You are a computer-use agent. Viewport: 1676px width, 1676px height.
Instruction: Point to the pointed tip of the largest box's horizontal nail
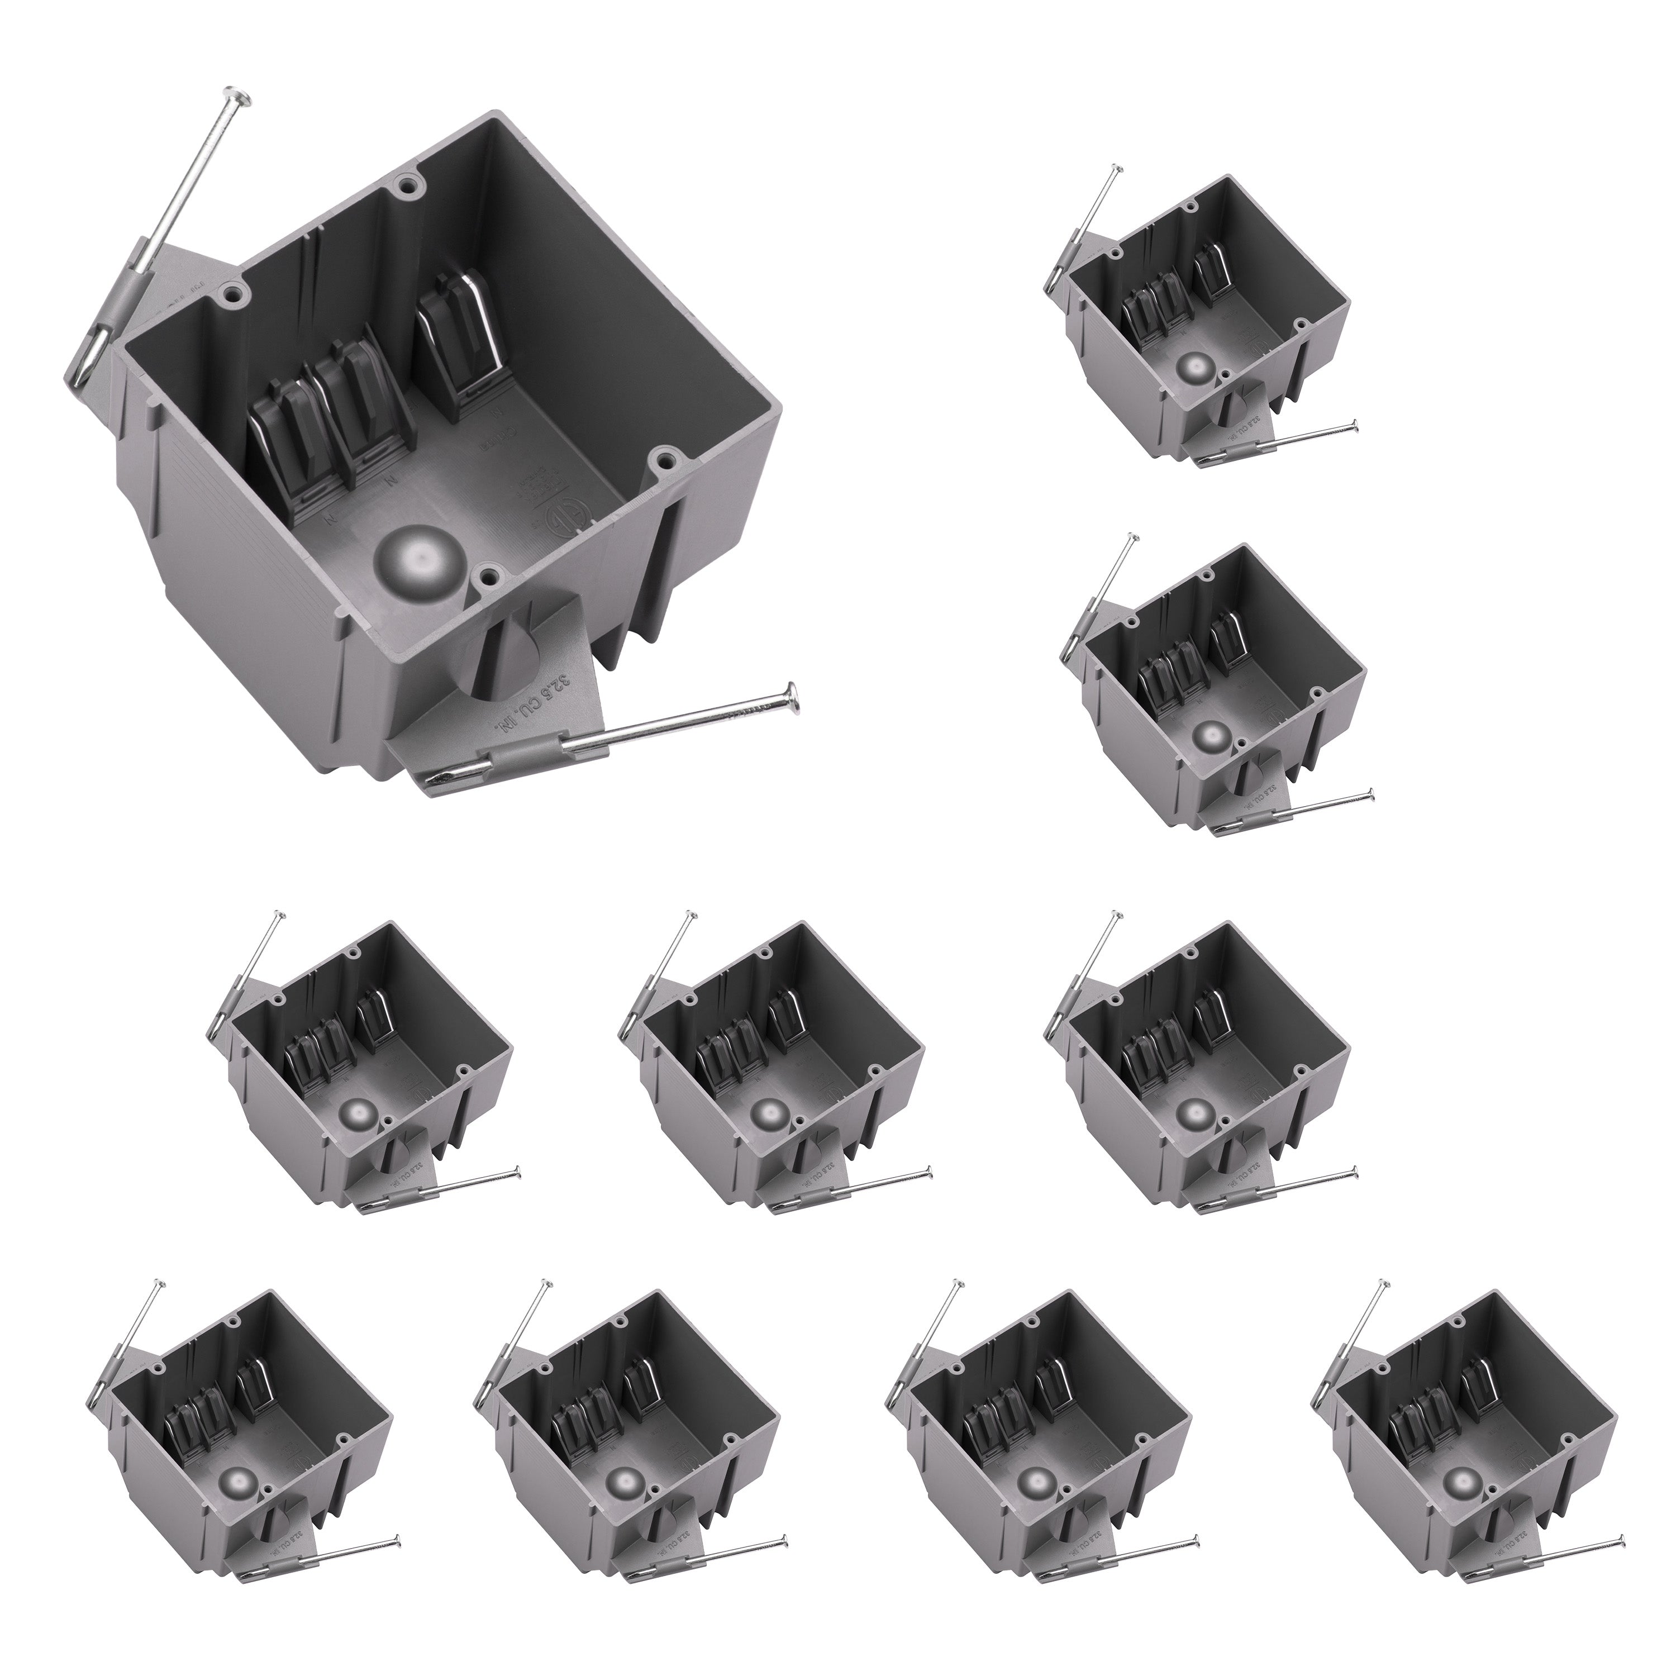coord(427,785)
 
